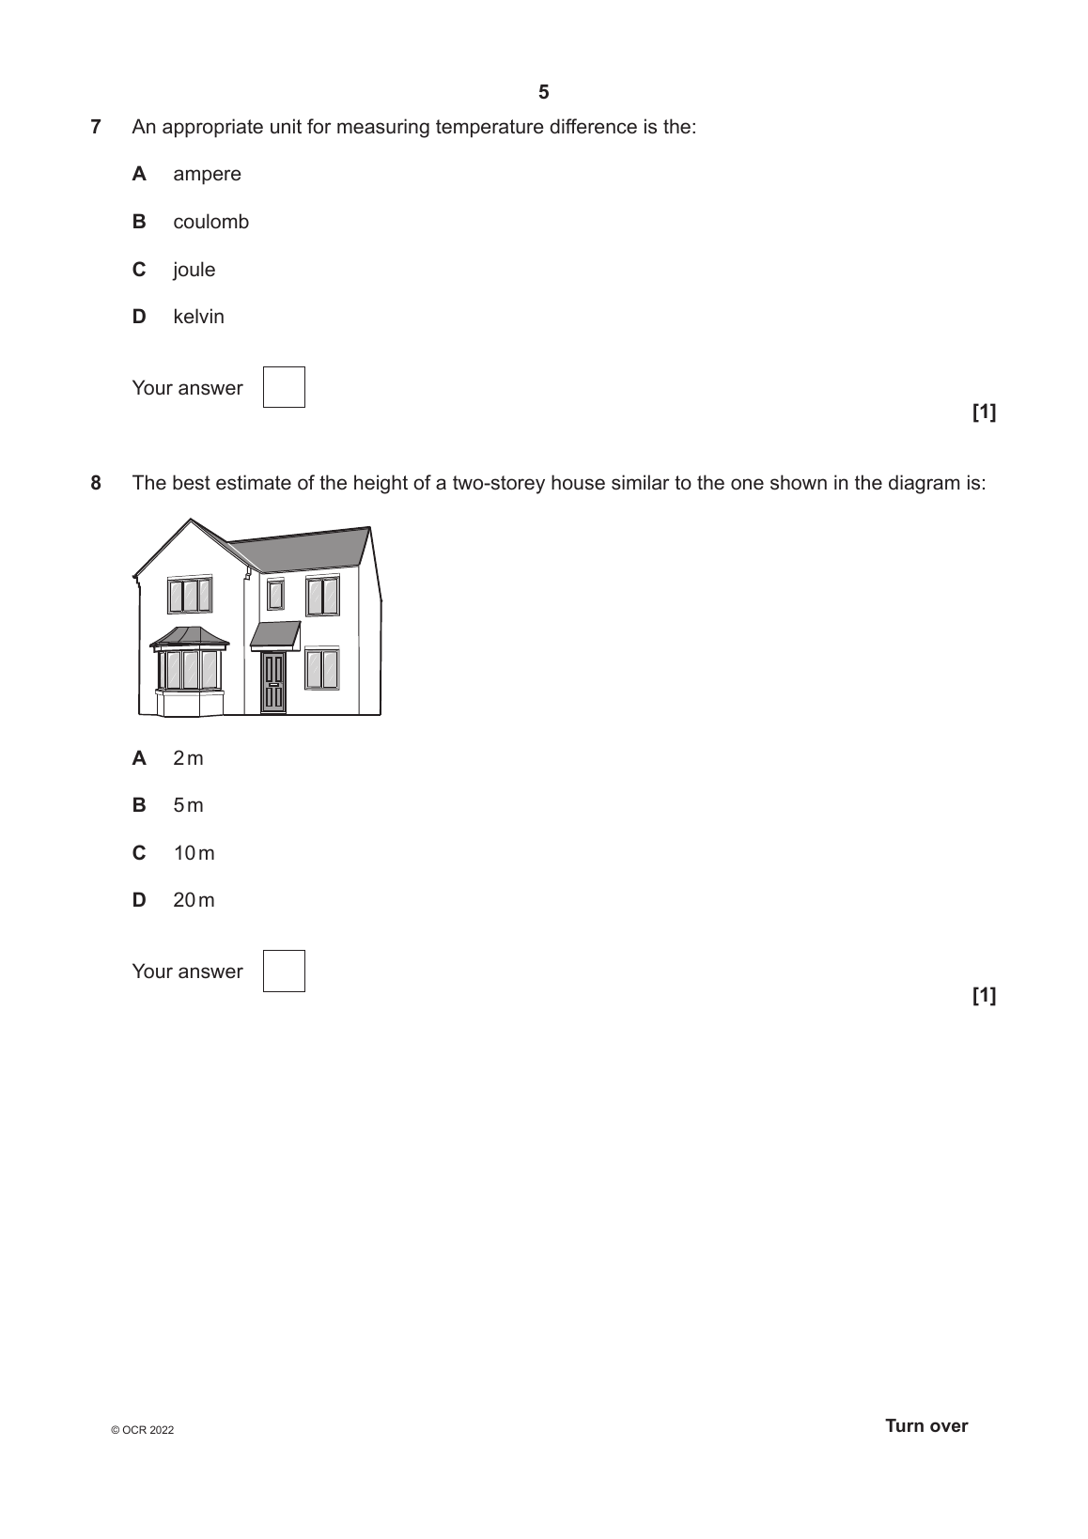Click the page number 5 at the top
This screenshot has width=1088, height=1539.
543,92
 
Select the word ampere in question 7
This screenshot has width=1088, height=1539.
207,174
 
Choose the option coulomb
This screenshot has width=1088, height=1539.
210,222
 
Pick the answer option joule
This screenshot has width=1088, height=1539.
194,270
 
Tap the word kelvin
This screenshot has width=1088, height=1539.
198,317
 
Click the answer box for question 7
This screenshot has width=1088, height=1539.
284,387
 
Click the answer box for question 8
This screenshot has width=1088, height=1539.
284,971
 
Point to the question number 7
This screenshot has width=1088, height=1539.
96,127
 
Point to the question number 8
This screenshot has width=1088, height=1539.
96,484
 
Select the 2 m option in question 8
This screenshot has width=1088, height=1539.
188,758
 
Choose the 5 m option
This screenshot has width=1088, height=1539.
188,805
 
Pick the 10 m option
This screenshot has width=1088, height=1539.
194,853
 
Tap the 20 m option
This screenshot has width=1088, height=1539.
194,900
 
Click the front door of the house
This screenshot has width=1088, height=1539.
273,682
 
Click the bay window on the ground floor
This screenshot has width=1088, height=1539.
190,669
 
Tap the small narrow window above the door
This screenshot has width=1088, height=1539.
275,595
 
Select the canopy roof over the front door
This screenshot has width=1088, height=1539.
275,634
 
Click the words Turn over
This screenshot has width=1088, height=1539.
925,1425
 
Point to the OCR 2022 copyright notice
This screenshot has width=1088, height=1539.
142,1430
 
